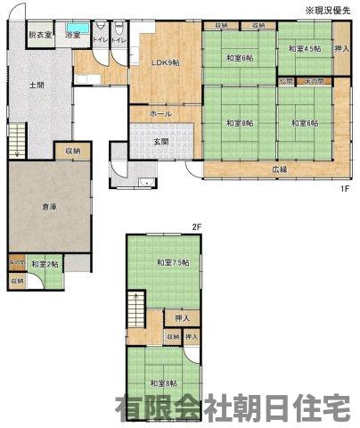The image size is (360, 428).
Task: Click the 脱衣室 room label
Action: click(x=39, y=35)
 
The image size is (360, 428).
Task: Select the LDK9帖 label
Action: click(x=165, y=62)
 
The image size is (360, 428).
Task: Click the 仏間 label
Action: click(x=285, y=81)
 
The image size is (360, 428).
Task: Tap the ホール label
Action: click(x=161, y=114)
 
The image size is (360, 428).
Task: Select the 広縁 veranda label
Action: click(x=280, y=169)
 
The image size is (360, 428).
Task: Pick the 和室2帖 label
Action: click(x=45, y=264)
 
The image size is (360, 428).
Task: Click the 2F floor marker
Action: click(x=197, y=226)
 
